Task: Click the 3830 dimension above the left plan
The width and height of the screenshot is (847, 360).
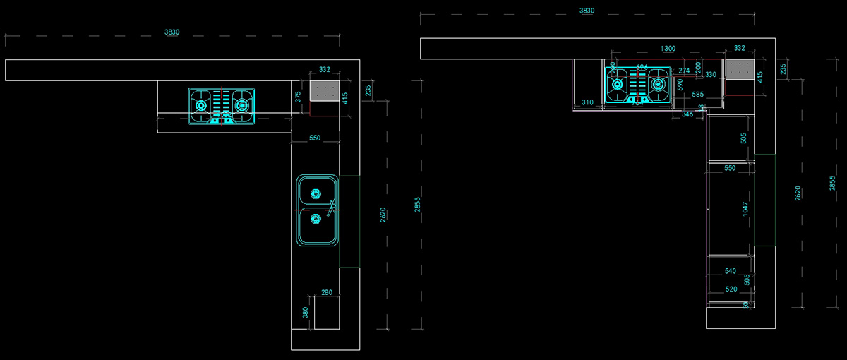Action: pyautogui.click(x=172, y=32)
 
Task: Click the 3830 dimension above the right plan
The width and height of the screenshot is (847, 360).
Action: pyautogui.click(x=587, y=11)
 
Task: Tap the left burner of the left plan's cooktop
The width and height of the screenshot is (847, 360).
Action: pyautogui.click(x=201, y=105)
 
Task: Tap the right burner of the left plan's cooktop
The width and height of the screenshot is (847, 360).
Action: pyautogui.click(x=242, y=105)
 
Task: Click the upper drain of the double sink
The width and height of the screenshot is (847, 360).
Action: pyautogui.click(x=315, y=191)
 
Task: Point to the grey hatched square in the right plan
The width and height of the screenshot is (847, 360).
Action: pyautogui.click(x=740, y=68)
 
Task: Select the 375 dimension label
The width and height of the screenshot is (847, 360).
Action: pyautogui.click(x=299, y=97)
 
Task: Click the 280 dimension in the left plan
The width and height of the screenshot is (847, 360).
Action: pyautogui.click(x=326, y=292)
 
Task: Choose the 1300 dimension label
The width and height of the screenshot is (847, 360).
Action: pyautogui.click(x=668, y=49)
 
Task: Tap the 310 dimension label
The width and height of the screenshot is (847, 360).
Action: pyautogui.click(x=587, y=102)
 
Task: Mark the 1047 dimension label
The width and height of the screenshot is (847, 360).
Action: pyautogui.click(x=745, y=208)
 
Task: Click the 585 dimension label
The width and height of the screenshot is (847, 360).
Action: pyautogui.click(x=697, y=94)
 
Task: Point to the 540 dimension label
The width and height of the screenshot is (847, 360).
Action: pyautogui.click(x=730, y=271)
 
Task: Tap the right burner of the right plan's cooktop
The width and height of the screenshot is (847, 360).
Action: pyautogui.click(x=658, y=85)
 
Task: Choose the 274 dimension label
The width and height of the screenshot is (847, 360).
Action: pyautogui.click(x=684, y=71)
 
